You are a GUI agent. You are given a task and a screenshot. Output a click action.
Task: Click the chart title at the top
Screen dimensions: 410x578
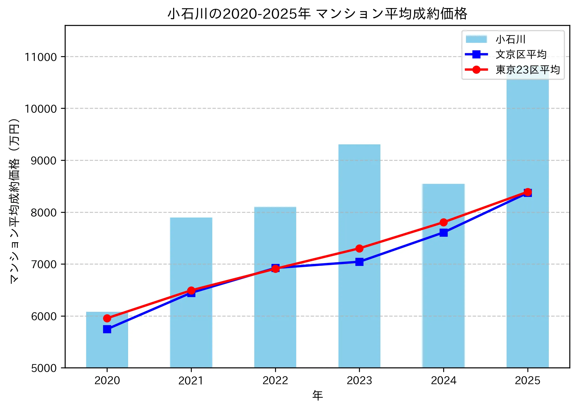[317, 14]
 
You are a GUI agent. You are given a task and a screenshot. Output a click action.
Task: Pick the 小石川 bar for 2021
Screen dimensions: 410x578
[191, 250]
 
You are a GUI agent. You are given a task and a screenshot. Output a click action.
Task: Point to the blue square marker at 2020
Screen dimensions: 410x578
[107, 329]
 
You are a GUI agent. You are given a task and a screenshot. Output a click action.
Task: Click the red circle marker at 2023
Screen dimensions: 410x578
[359, 248]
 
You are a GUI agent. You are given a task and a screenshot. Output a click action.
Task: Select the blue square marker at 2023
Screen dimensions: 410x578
[359, 262]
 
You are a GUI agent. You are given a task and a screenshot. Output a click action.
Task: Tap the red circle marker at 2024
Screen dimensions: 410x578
[444, 222]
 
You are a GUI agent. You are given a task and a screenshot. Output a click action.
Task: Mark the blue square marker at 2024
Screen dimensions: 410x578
[444, 233]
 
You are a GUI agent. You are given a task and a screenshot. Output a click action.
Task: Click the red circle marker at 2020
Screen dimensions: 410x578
[107, 318]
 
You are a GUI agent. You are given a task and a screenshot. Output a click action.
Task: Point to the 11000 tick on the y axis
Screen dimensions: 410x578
[41, 57]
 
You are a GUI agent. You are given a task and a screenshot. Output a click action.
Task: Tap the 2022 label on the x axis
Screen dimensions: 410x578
[275, 381]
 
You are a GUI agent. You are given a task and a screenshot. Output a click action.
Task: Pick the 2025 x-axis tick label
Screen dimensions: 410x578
[527, 381]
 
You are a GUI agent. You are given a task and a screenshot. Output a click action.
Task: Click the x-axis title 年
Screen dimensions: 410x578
[317, 395]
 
